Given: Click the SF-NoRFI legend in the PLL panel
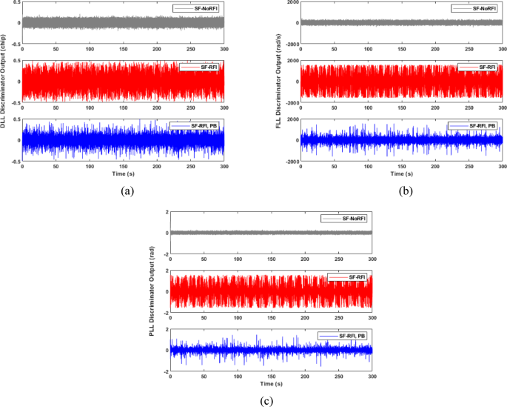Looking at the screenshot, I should (x=345, y=219).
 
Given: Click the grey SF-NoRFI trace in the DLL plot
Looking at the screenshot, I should (x=111, y=22).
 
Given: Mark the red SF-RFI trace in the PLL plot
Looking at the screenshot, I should (x=259, y=291).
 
